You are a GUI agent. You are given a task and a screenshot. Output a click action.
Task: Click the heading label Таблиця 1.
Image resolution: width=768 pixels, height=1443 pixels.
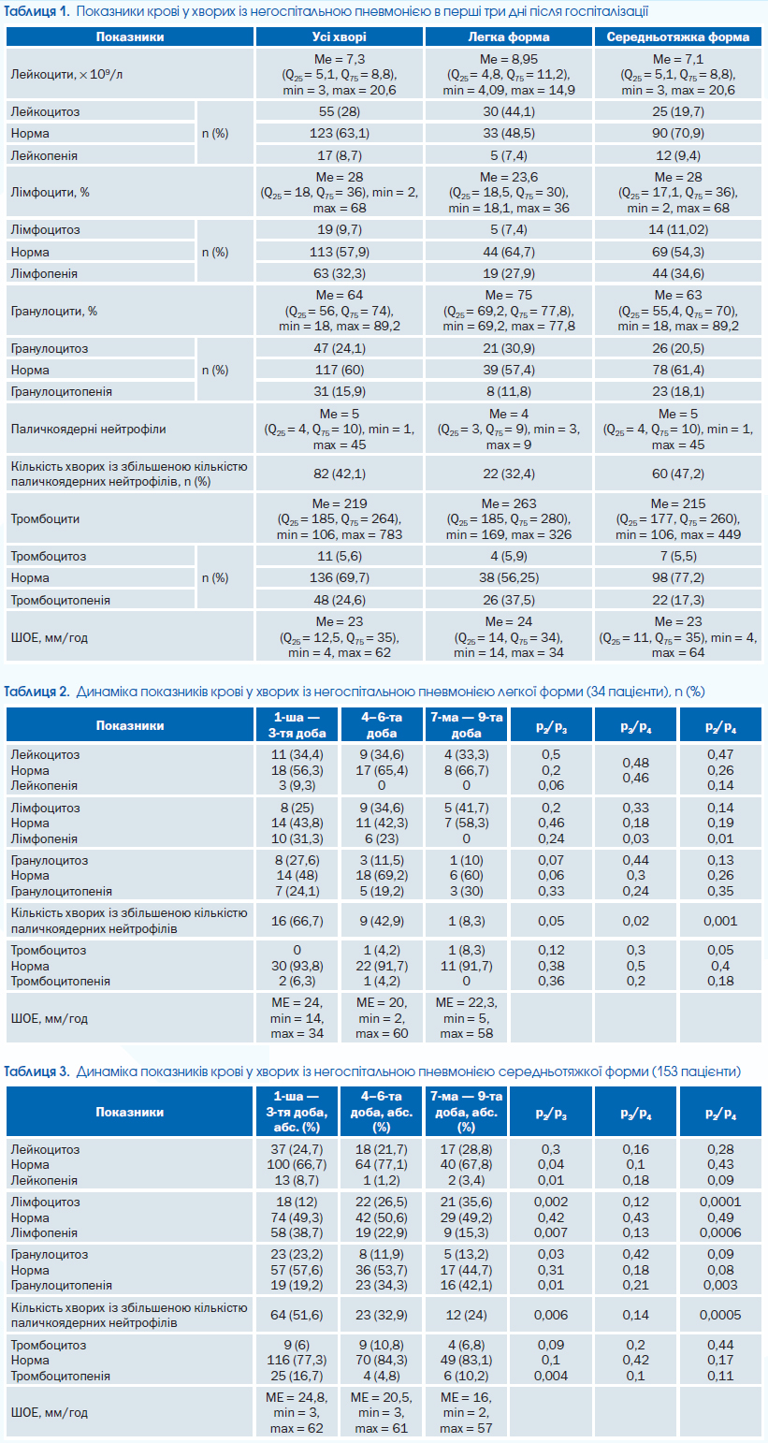point(36,11)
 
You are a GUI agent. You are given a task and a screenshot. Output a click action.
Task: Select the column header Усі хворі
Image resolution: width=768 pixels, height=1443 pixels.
point(340,36)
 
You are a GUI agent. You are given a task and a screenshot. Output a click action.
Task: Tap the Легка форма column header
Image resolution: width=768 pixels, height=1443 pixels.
point(509,36)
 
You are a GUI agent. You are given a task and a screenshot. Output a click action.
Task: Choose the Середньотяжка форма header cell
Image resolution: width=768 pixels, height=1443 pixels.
point(678,36)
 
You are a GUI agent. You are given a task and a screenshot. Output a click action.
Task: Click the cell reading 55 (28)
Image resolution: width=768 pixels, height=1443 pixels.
point(340,111)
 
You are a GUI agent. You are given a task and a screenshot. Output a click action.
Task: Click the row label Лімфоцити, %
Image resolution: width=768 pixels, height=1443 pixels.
point(51,192)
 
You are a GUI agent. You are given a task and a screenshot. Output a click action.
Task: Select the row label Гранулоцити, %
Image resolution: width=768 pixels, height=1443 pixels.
point(54,311)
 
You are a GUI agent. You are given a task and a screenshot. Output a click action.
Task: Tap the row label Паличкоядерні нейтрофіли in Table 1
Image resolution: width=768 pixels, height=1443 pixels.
point(88,429)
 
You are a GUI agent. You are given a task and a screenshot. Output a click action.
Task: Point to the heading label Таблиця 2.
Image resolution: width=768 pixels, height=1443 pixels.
point(36,692)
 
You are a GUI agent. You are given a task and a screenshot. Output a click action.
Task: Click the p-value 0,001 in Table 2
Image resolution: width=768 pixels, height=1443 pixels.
point(720,921)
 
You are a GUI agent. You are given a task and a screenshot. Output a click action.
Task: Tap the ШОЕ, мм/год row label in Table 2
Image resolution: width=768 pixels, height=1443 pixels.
point(49,1018)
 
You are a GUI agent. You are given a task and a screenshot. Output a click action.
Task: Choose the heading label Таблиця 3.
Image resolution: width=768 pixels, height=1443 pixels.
point(36,1071)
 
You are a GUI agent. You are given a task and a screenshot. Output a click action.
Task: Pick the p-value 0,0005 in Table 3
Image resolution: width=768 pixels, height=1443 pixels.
point(720,1315)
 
